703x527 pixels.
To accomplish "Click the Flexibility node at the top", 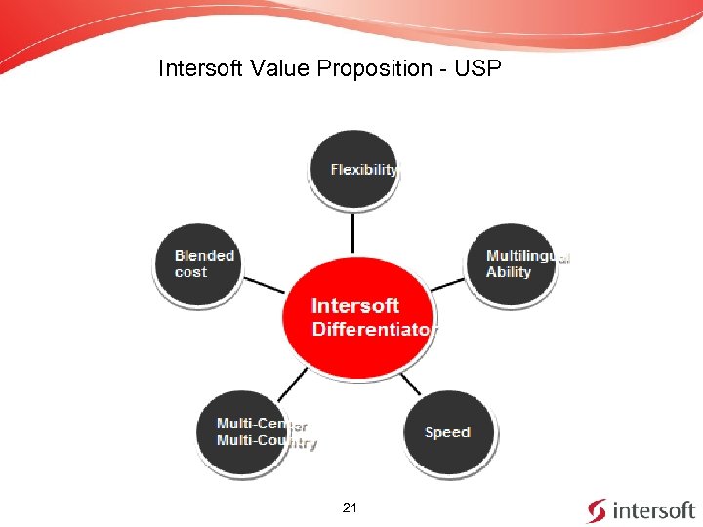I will pyautogui.click(x=353, y=169).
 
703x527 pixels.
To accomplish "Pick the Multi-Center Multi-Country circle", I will pyautogui.click(x=256, y=432).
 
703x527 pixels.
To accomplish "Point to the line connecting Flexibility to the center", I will pyautogui.click(x=353, y=231).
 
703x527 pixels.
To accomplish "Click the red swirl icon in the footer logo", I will pyautogui.click(x=597, y=510).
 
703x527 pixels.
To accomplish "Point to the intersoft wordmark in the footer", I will pyautogui.click(x=652, y=510).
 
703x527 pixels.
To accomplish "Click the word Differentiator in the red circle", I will pyautogui.click(x=370, y=330).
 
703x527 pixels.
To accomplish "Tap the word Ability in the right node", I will pyautogui.click(x=509, y=272).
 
